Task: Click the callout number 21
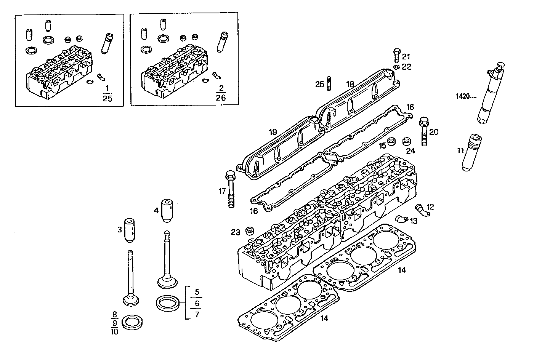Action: (406, 57)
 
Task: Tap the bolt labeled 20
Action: (424, 132)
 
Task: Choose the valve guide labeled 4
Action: (167, 210)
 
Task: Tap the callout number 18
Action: (350, 84)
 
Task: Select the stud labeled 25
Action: (329, 84)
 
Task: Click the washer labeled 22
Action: (396, 67)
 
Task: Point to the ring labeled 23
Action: (250, 230)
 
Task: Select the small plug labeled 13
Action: (401, 219)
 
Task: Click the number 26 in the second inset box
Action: (221, 98)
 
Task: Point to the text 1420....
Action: (466, 96)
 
